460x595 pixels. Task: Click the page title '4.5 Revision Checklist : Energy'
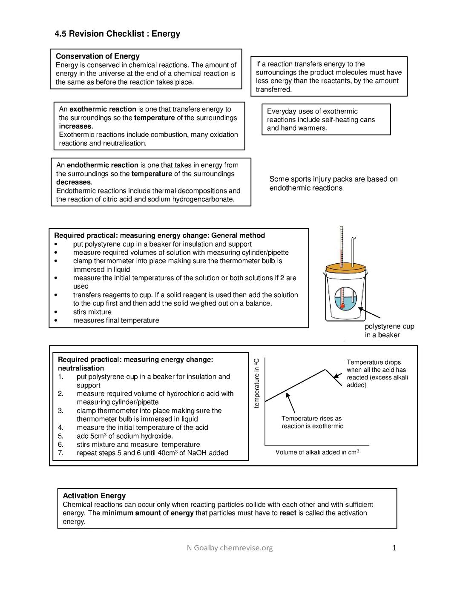(x=117, y=34)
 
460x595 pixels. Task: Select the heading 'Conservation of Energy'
(x=98, y=56)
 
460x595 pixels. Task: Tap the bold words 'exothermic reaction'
(x=103, y=109)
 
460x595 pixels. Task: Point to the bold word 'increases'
(x=75, y=126)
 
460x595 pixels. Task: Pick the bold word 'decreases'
(x=74, y=182)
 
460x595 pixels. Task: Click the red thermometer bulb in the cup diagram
(x=342, y=305)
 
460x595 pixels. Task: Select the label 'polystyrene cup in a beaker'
(x=389, y=331)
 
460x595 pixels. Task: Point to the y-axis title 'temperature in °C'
(x=256, y=382)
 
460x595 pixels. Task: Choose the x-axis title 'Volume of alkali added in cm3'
(x=317, y=452)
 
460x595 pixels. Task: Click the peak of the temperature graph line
(x=326, y=370)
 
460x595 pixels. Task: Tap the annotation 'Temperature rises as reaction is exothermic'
(x=312, y=422)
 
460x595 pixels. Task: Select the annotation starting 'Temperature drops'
(x=377, y=374)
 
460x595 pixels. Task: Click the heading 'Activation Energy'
(x=94, y=496)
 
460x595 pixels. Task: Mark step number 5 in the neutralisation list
(x=60, y=436)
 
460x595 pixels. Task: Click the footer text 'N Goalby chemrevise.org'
(x=230, y=548)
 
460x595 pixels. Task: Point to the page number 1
(x=394, y=548)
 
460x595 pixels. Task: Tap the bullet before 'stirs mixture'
(x=55, y=312)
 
